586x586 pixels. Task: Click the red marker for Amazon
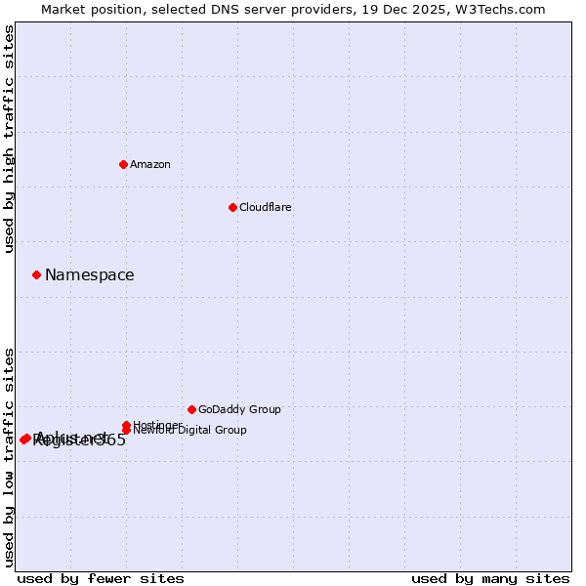[x=123, y=164]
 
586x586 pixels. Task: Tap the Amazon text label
[x=150, y=164]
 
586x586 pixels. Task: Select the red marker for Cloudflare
[x=232, y=207]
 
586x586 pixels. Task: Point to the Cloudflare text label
[x=266, y=207]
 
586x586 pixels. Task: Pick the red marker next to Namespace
[x=36, y=274]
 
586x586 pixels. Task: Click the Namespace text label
[x=90, y=275]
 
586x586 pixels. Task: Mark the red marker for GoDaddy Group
[x=191, y=409]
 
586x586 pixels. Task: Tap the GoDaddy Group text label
[x=239, y=409]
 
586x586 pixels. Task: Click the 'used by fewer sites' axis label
[x=101, y=578]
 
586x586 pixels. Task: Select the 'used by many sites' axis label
[x=490, y=578]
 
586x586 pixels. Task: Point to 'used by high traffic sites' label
[x=9, y=139]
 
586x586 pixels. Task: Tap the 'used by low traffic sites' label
[x=9, y=456]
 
